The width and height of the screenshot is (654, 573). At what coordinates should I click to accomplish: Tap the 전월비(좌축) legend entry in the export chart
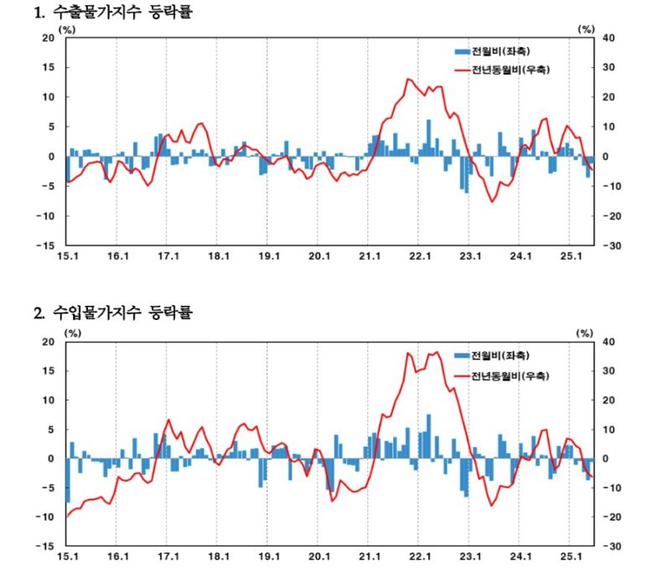(494, 51)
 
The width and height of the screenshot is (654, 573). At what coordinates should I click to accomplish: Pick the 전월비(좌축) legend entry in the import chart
(494, 355)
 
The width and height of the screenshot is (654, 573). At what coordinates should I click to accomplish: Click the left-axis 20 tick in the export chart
(49, 38)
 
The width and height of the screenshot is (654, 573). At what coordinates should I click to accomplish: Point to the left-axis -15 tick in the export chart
(46, 245)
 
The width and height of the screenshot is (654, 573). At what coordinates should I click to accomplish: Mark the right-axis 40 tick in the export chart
(609, 38)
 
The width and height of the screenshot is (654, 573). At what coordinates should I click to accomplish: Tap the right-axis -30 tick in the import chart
(610, 546)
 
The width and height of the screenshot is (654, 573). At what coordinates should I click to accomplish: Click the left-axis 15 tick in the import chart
(49, 371)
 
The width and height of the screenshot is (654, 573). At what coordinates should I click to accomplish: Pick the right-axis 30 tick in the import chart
(609, 371)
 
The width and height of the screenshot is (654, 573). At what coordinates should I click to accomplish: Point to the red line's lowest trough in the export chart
(493, 202)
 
